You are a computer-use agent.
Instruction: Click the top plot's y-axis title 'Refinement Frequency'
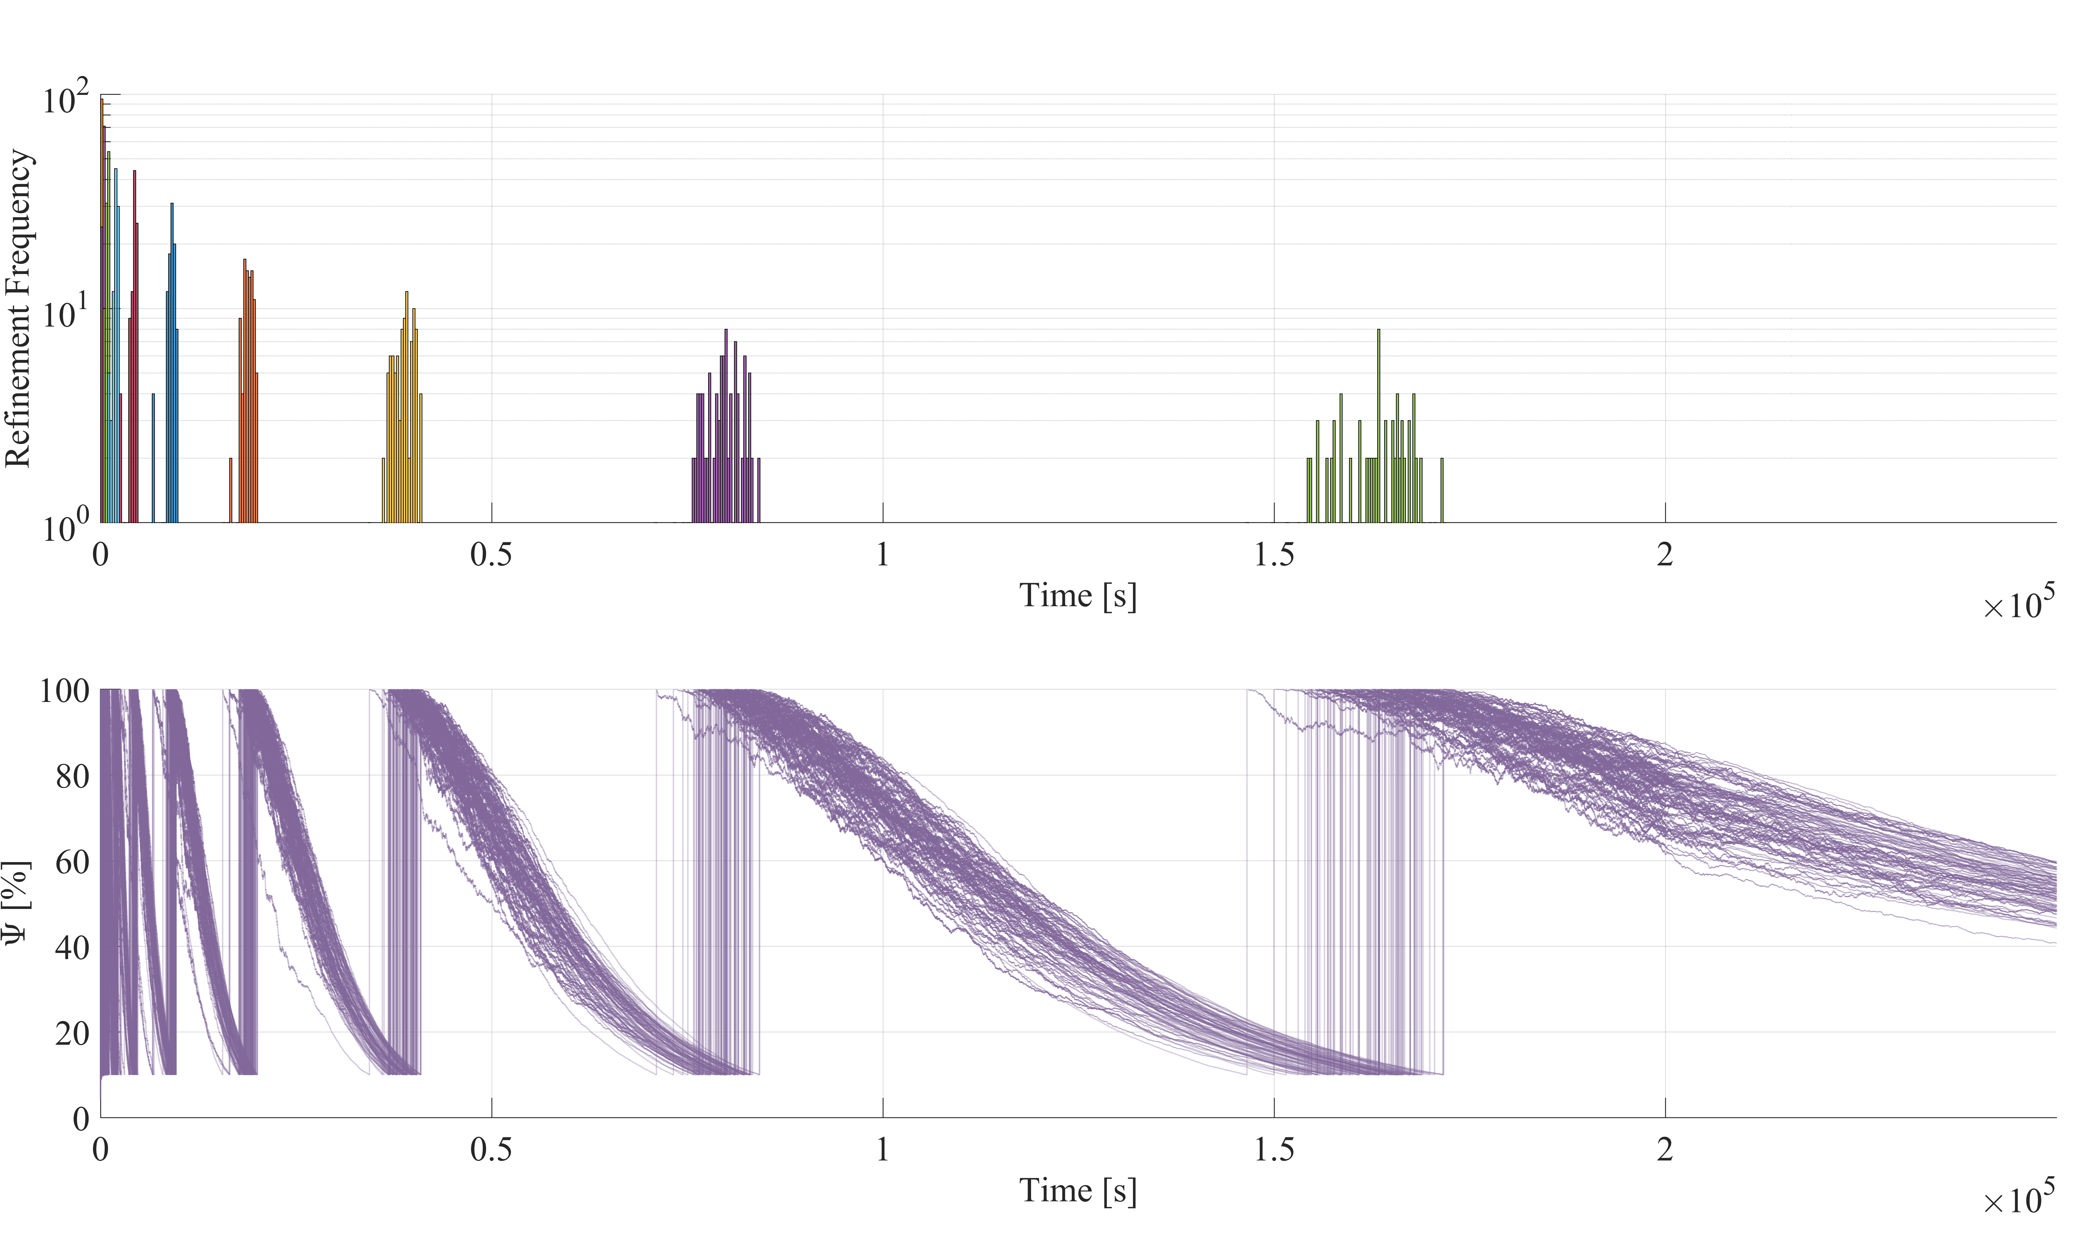click(19, 308)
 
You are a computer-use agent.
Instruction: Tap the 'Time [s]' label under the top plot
click(1078, 596)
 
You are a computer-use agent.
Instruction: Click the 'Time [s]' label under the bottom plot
click(1078, 1190)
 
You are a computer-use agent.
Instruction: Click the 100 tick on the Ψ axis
click(64, 691)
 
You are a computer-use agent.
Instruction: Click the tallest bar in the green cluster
click(1378, 426)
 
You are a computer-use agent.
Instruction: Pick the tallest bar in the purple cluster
click(725, 426)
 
